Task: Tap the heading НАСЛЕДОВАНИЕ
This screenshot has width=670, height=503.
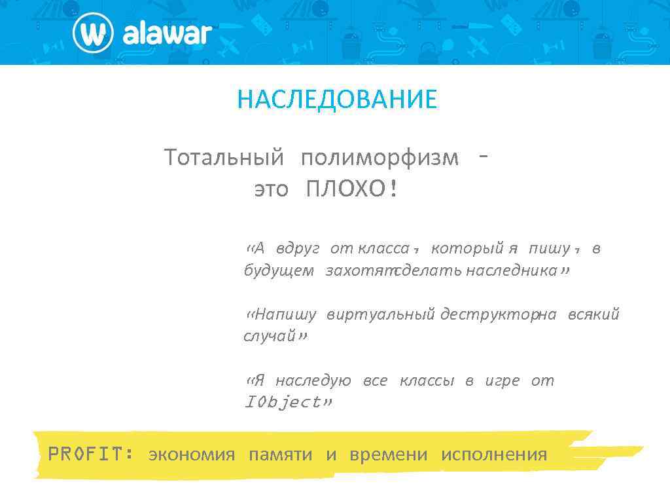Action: coord(337,100)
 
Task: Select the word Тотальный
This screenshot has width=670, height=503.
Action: coord(224,158)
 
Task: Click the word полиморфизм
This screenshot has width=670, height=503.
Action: coord(379,158)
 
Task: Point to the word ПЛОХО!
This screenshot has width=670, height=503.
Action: coord(352,190)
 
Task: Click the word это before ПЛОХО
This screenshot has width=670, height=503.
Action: coord(271,190)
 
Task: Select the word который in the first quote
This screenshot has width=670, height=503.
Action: coord(467,248)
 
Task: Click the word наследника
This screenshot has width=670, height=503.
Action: coord(511,270)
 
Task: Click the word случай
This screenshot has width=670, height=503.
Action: coord(270,337)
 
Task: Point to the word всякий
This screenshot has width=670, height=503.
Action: coord(593,315)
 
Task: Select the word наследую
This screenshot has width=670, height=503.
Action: coord(313,381)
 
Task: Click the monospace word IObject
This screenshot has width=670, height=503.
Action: coord(282,402)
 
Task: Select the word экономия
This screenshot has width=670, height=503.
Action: coord(191,455)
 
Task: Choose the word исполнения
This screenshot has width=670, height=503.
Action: coord(493,455)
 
